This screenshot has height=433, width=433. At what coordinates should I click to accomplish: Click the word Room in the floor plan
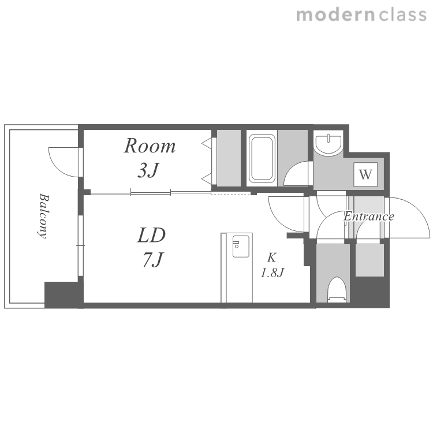[150, 145]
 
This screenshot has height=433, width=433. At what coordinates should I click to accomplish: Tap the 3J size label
[148, 170]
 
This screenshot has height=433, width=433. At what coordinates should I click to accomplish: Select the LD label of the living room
[151, 235]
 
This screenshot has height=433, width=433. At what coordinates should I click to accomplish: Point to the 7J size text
[153, 259]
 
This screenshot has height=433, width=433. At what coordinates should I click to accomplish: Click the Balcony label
[43, 216]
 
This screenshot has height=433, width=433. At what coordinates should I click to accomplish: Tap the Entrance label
[369, 216]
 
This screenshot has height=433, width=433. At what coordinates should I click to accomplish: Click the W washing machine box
[365, 174]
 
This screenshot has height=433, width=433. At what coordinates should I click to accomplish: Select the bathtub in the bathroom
[262, 159]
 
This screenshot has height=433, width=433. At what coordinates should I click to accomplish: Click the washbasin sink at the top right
[329, 142]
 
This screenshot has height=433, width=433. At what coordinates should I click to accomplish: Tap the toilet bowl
[337, 289]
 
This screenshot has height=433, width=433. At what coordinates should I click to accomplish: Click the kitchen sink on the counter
[241, 247]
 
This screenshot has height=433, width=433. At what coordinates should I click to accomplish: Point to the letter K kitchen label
[272, 257]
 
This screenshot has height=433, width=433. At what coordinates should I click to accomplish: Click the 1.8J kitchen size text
[273, 273]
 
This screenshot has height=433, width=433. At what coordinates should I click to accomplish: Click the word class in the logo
[402, 15]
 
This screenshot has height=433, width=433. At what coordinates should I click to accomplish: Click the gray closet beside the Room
[229, 158]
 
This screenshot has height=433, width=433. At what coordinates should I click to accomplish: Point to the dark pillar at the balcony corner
[64, 295]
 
